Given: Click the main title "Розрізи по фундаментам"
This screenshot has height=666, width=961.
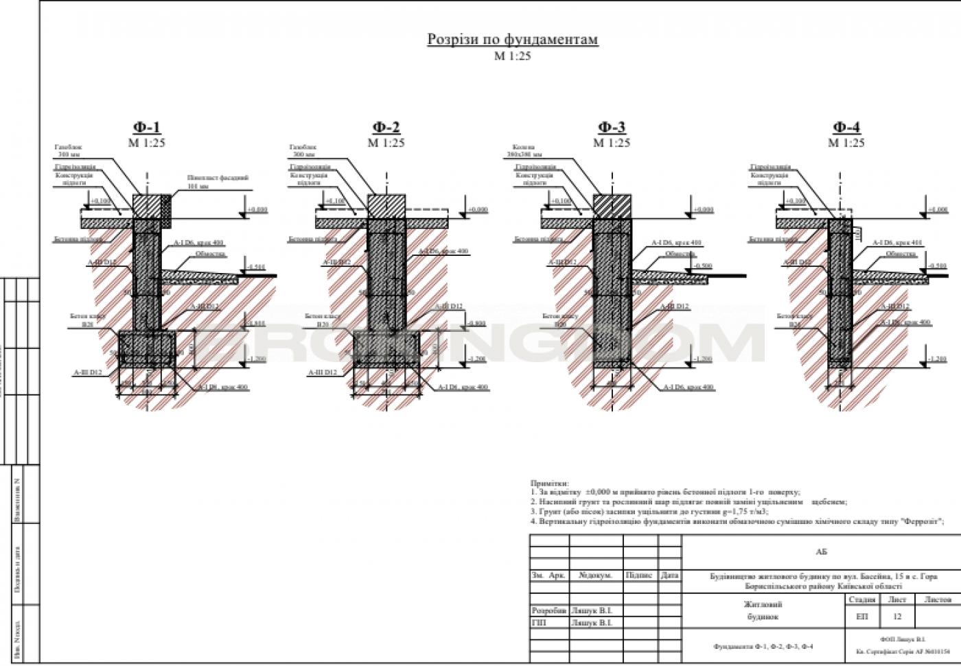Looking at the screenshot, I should click(x=513, y=40).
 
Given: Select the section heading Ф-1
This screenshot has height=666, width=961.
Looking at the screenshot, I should click(x=147, y=128).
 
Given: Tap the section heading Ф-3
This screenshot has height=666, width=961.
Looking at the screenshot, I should click(x=612, y=128).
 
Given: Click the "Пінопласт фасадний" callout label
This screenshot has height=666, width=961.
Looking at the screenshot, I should click(x=218, y=181).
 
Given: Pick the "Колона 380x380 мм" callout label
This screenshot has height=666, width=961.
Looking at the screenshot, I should click(x=526, y=151).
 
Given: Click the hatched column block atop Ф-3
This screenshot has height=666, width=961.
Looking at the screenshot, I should click(x=612, y=206).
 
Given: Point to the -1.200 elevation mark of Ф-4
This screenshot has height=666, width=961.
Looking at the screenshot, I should click(x=936, y=359).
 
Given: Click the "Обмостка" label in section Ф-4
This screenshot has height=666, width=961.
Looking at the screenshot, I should click(x=901, y=254).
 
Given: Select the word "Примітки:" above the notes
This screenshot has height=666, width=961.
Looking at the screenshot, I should click(x=550, y=484).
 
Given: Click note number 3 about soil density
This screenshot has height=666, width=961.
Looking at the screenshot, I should click(x=649, y=512).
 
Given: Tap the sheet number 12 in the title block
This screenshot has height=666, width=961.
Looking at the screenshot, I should click(x=897, y=617).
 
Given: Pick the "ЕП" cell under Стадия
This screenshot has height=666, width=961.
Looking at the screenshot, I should click(x=862, y=617).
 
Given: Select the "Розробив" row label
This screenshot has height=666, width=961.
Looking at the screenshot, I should click(x=549, y=610).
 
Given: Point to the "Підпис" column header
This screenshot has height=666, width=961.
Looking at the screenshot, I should click(x=639, y=575).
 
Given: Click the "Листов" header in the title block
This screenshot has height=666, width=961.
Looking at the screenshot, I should click(x=938, y=599).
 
